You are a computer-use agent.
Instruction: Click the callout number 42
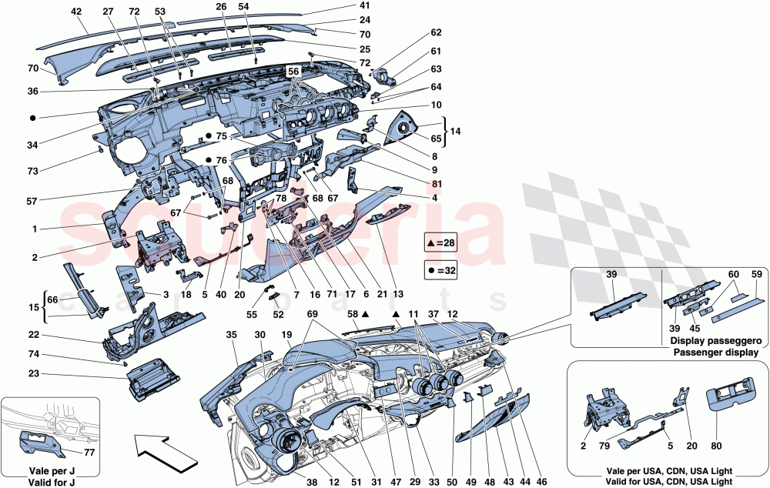point(75,12)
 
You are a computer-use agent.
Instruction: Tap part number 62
point(436,33)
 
